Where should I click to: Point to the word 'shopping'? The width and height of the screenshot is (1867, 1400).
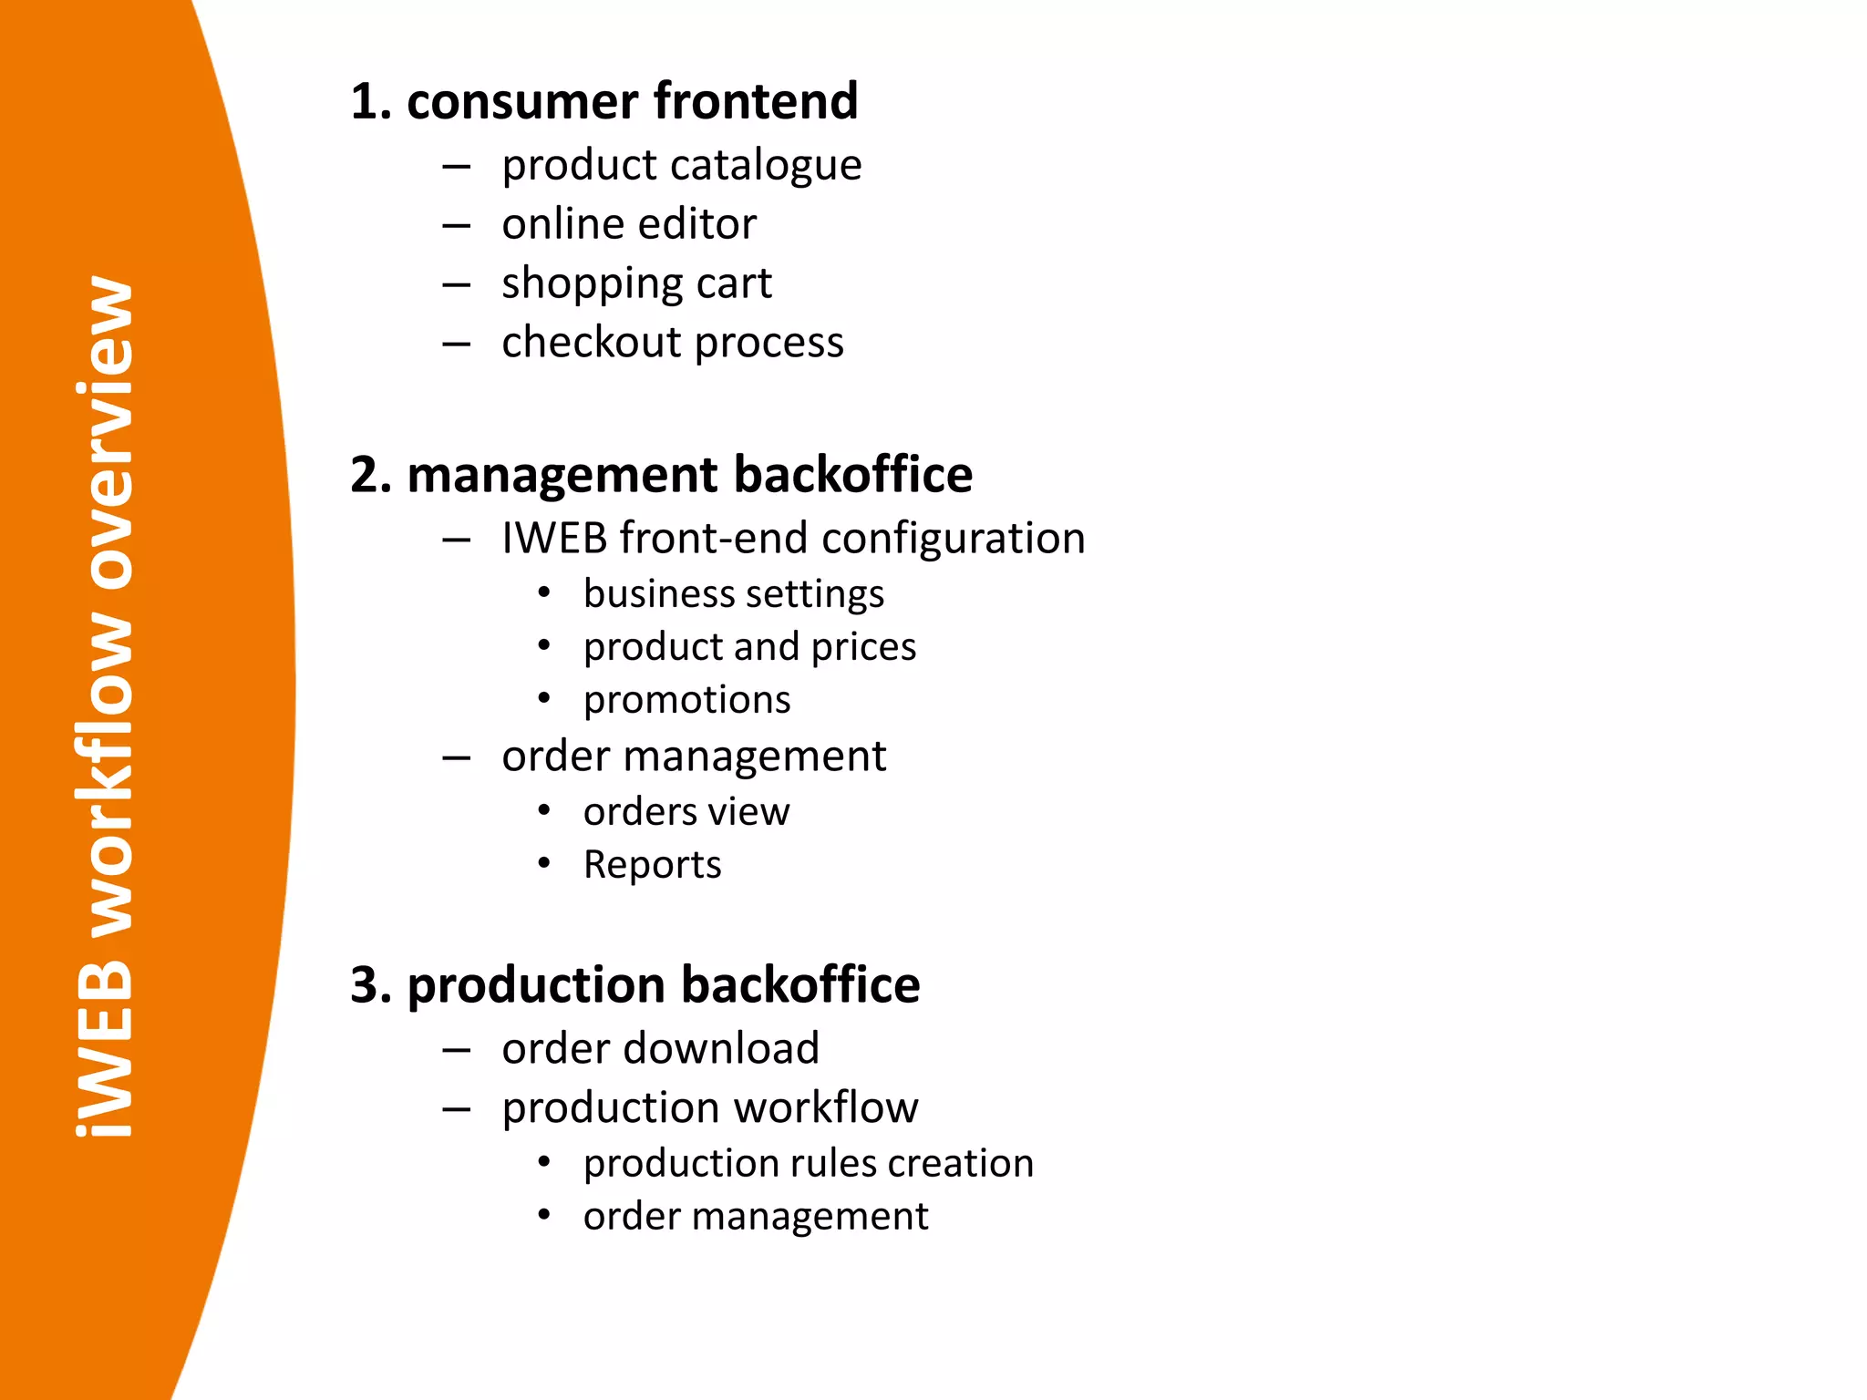tap(593, 285)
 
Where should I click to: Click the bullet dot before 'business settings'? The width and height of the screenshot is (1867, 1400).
tap(544, 593)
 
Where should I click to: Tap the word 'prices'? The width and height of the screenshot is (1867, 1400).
tap(863, 648)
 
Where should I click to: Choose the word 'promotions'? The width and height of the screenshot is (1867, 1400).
tap(686, 701)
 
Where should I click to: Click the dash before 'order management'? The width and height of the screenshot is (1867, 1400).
tap(456, 757)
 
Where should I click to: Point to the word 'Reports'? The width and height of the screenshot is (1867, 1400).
tap(652, 865)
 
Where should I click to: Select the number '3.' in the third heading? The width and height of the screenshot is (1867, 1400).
tap(371, 985)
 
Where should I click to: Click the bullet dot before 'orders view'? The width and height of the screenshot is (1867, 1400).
tap(544, 810)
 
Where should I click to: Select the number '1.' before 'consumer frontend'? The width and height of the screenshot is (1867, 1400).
tap(371, 101)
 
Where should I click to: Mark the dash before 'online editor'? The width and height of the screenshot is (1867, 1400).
tap(456, 225)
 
